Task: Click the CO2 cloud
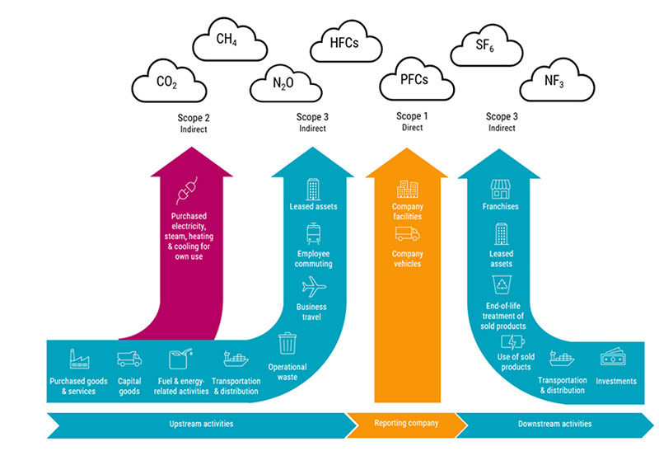[166, 82]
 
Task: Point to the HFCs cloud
[344, 40]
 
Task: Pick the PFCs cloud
[409, 82]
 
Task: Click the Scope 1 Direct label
[409, 122]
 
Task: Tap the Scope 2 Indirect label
[194, 122]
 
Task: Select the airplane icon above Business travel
[314, 288]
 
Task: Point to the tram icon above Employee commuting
[314, 233]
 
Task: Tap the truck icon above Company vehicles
[407, 234]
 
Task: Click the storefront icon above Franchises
[501, 189]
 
